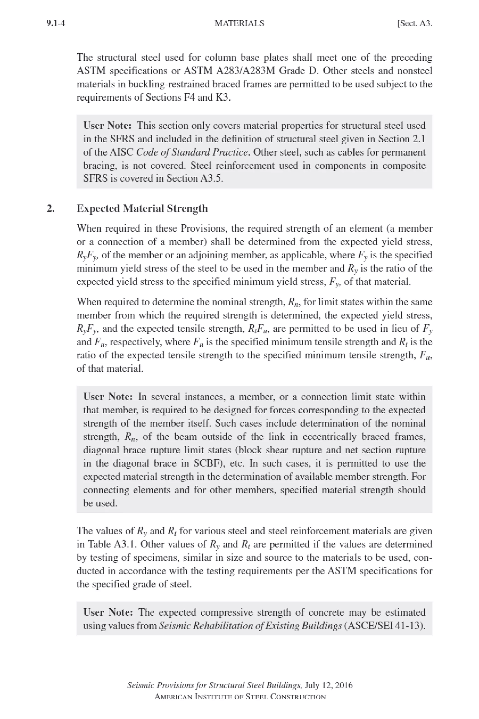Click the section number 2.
[x=51, y=209]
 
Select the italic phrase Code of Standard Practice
[x=192, y=152]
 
